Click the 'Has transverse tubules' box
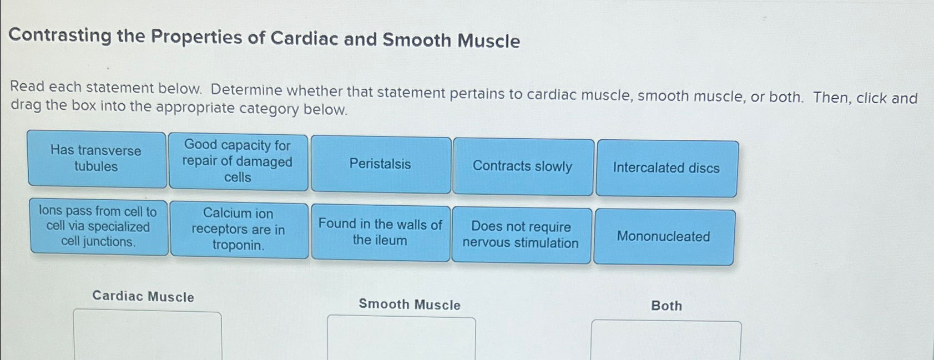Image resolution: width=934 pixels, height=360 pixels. pyautogui.click(x=97, y=159)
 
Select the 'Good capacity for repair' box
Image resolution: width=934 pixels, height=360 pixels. pyautogui.click(x=238, y=161)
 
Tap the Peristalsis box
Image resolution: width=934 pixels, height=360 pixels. pyautogui.click(x=380, y=164)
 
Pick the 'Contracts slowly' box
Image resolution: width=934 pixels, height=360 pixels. pyautogui.click(x=523, y=166)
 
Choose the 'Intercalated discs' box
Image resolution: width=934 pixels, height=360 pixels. pyautogui.click(x=666, y=168)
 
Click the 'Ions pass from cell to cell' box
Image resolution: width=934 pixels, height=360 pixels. pyautogui.click(x=98, y=226)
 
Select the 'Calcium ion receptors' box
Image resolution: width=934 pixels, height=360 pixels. pyautogui.click(x=239, y=229)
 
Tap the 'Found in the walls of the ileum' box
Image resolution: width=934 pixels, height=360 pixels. pyautogui.click(x=380, y=232)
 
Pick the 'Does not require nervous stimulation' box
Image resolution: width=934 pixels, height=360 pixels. pyautogui.click(x=521, y=235)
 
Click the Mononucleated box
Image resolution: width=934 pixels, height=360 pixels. pyautogui.click(x=663, y=237)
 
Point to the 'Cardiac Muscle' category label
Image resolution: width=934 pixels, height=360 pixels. pyautogui.click(x=143, y=296)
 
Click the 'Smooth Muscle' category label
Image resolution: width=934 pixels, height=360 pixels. pyautogui.click(x=410, y=305)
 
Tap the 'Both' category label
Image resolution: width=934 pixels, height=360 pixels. pyautogui.click(x=666, y=306)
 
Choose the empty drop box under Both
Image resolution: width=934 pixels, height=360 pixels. pyautogui.click(x=665, y=341)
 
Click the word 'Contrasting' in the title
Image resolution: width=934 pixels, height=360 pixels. pyautogui.click(x=60, y=36)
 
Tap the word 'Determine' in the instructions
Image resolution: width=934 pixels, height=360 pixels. pyautogui.click(x=246, y=90)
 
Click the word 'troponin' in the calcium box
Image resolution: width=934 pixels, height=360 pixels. pyautogui.click(x=238, y=245)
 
